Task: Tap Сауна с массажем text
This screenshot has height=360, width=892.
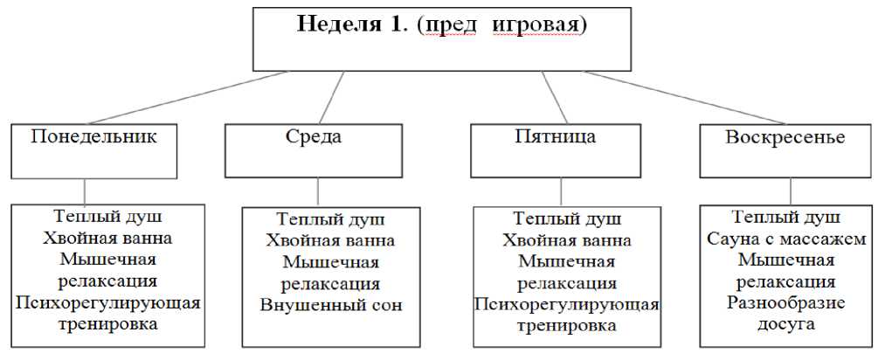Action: [785, 239]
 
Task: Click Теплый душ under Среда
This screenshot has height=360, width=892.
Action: [330, 219]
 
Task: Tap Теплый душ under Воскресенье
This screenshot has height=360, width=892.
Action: [785, 218]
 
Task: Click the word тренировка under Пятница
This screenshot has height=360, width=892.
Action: [567, 326]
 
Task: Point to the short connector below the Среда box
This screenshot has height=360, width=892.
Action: [318, 191]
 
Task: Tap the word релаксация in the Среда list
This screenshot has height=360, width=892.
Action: [330, 284]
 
